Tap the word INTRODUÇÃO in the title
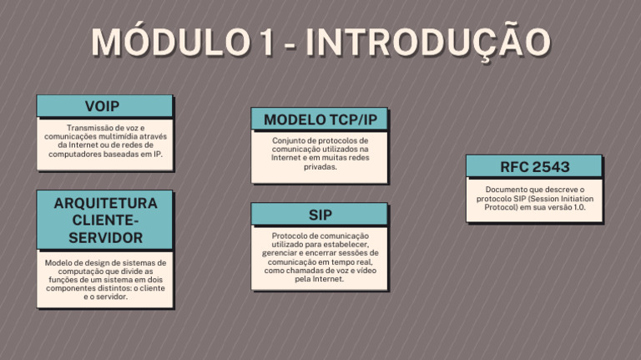pos(427,43)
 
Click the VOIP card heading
pos(102,106)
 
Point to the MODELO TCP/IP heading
pos(320,119)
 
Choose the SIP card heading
pos(320,215)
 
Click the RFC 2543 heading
pos(534,167)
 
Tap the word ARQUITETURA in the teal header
pos(105,203)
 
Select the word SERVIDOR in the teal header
pos(105,238)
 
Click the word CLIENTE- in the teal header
pos(105,221)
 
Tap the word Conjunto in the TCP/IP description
pos(288,140)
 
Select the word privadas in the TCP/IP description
pos(320,166)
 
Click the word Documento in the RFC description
pos(506,190)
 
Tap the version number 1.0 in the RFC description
pos(578,207)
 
